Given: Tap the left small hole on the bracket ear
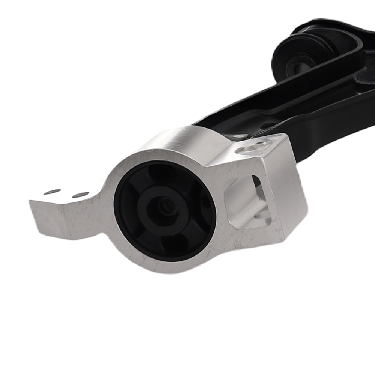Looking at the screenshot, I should click(52, 192).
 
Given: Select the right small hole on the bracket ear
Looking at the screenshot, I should click(81, 195).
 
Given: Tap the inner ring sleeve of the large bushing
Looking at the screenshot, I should click(150, 210).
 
